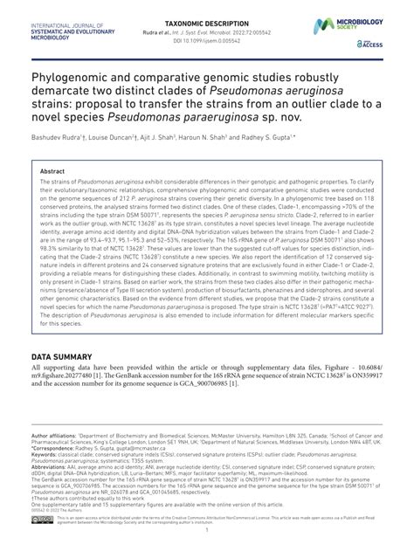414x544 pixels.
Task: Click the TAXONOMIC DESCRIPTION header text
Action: (206, 6)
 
